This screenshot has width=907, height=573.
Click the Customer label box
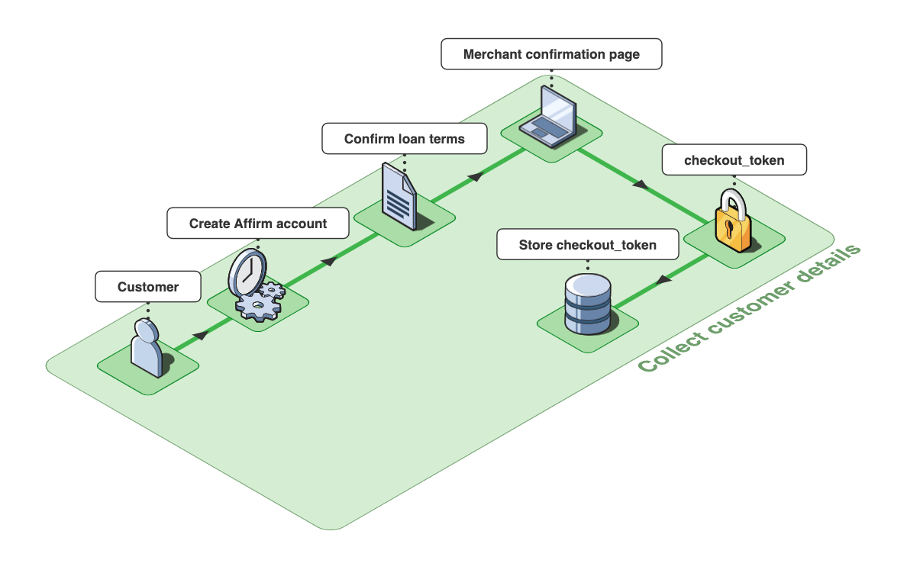pos(148,287)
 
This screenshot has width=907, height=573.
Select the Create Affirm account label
pos(258,224)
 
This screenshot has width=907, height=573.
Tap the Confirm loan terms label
pos(404,139)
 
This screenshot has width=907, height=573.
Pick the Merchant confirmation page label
pos(551,55)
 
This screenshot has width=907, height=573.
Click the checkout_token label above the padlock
pos(734,160)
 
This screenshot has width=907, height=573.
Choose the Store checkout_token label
pos(587,245)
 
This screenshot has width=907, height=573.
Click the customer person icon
pos(146,349)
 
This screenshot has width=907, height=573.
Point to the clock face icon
pos(247,272)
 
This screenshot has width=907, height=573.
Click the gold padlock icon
pos(734,222)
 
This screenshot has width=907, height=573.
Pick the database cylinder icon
pos(587,305)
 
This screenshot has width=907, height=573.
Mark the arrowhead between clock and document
pos(328,262)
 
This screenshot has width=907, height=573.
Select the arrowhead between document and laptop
pos(476,177)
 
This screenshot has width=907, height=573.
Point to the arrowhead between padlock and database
pos(663,280)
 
